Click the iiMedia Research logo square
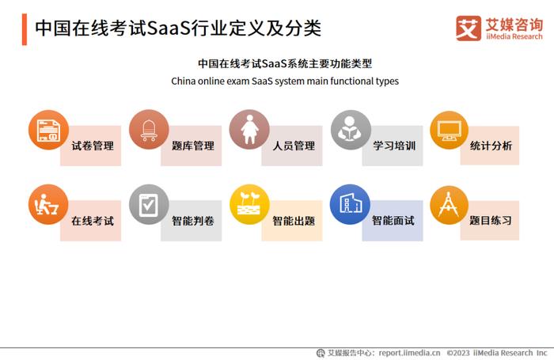469,28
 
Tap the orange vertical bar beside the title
25,29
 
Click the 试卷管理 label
93,146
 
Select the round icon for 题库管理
149,130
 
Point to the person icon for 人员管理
249,130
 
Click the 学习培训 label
394,146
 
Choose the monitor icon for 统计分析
449,130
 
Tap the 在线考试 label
93,221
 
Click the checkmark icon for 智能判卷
149,204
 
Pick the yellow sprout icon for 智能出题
249,204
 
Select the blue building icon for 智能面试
350,204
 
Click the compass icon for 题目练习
449,205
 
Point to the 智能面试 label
393,221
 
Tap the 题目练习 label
491,221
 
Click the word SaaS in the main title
169,28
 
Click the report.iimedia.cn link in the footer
409,353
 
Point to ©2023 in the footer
458,353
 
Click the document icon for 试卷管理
48,130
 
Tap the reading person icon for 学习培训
351,130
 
